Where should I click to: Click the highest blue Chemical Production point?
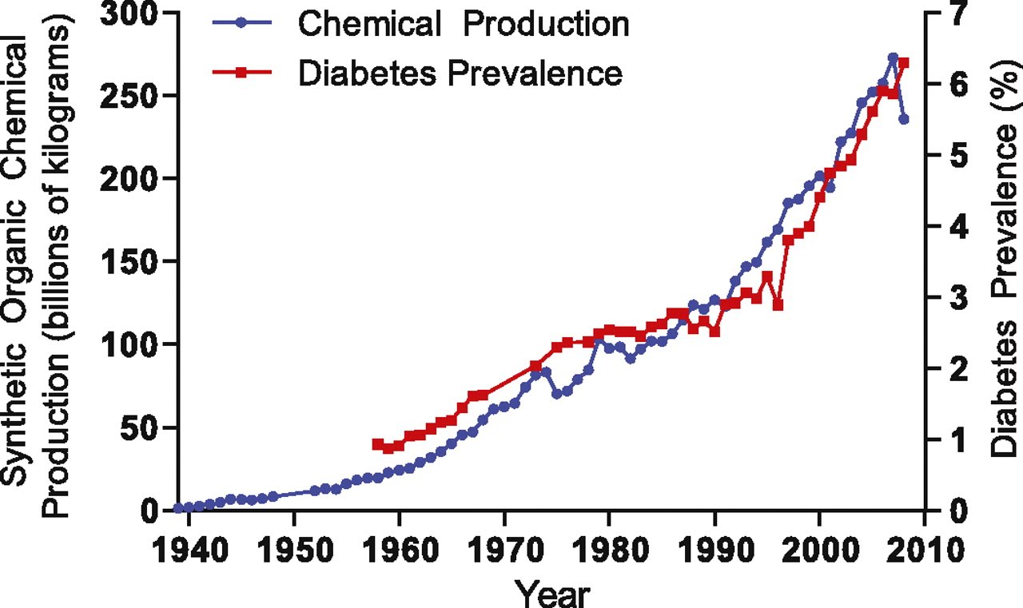[894, 58]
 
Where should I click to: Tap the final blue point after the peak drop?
[904, 119]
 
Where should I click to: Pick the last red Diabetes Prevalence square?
[904, 63]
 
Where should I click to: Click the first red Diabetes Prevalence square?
[377, 443]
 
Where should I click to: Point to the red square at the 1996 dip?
[778, 305]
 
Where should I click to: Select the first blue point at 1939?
[178, 508]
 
